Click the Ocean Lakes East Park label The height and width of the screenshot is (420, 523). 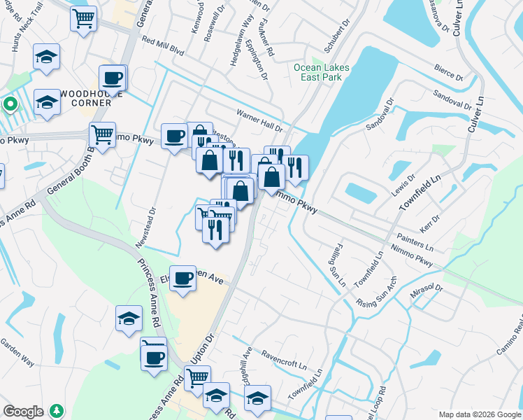(321, 72)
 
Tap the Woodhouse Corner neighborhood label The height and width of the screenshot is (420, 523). (86, 98)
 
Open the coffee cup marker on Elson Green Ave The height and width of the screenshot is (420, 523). (183, 278)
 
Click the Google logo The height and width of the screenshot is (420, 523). (24, 412)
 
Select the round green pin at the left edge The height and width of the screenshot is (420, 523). (10, 105)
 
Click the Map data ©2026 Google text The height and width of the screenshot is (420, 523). (478, 414)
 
